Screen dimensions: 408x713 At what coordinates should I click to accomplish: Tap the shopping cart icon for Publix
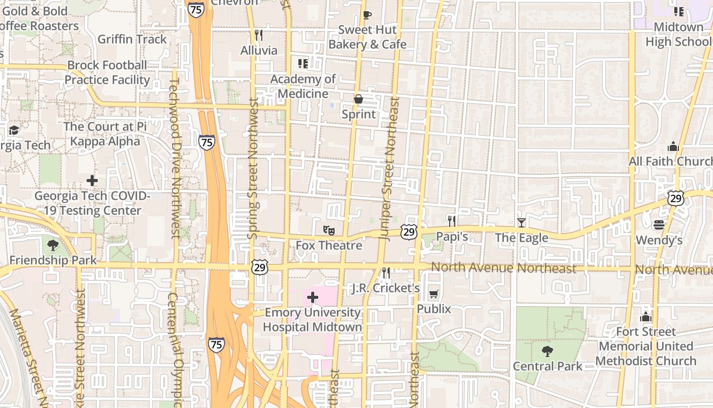point(433,294)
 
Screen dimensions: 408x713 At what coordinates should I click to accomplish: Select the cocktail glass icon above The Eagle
point(521,222)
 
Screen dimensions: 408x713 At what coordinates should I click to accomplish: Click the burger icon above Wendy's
point(659,225)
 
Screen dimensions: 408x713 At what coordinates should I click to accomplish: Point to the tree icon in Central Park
point(547,351)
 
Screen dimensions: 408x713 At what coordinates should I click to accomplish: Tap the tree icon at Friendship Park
point(52,245)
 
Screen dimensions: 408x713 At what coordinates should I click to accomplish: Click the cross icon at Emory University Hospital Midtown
point(313,297)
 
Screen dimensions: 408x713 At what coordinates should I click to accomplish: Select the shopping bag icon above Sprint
point(359,99)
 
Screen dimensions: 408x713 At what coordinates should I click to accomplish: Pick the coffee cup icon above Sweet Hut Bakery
point(367,15)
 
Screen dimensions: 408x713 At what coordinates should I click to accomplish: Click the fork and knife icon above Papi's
point(451,221)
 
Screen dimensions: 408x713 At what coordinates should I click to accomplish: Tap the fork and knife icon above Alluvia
point(259,35)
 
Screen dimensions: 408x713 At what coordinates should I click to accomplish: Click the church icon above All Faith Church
point(673,147)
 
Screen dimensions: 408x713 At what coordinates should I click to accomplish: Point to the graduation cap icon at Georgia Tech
point(14,130)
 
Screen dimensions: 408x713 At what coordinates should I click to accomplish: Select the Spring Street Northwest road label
point(253,168)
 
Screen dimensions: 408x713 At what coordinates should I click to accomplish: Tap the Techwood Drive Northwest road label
point(175,158)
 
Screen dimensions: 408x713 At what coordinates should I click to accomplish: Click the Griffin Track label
point(132,39)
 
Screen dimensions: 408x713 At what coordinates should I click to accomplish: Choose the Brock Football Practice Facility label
point(107,72)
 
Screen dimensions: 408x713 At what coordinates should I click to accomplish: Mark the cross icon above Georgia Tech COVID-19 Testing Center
point(92,181)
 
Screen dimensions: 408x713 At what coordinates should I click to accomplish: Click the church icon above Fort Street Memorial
point(646,317)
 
